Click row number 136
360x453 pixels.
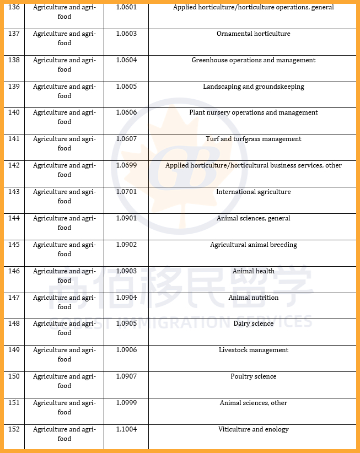[x=14, y=8]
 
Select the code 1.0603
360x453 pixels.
[x=126, y=34]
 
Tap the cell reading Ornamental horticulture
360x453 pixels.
[x=253, y=34]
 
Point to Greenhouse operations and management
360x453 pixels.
[x=253, y=60]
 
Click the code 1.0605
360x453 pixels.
[x=126, y=87]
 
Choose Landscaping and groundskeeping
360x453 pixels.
[x=253, y=87]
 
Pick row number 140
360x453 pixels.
[x=14, y=112]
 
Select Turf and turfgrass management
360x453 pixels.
[x=253, y=139]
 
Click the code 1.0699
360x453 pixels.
[x=126, y=165]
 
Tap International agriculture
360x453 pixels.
[x=253, y=192]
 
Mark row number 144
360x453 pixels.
[x=14, y=218]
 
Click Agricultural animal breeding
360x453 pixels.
[x=253, y=245]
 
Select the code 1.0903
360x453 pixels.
[x=126, y=271]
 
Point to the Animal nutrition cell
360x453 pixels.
[x=253, y=298]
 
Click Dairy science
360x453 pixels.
[x=253, y=323]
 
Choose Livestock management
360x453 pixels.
[x=253, y=350]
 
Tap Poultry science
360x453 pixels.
[x=253, y=376]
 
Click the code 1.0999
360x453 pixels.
[x=126, y=403]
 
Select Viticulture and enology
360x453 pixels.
[x=253, y=429]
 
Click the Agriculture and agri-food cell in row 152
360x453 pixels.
[x=64, y=434]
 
